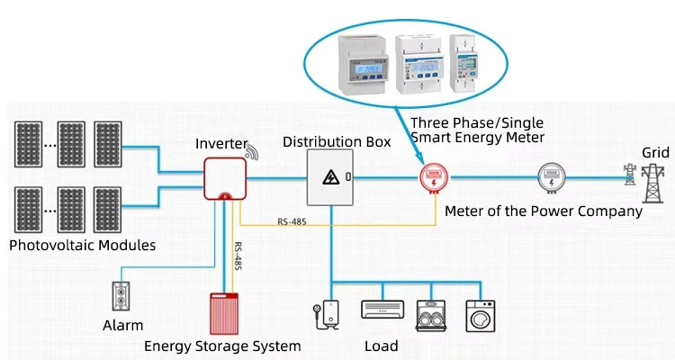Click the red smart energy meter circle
click(x=434, y=178)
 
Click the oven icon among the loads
click(x=432, y=314)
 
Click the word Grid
click(x=654, y=152)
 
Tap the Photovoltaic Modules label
click(x=82, y=245)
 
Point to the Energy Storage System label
click(x=222, y=345)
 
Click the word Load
click(x=381, y=346)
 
